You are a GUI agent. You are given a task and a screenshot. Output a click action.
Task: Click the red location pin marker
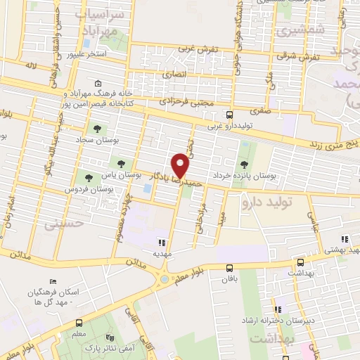[181, 165]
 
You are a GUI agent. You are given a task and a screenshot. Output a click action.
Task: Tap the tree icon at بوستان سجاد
[97, 129]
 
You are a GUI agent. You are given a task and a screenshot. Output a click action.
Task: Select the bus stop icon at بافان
[229, 267]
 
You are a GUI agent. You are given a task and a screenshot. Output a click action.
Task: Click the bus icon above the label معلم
[79, 323]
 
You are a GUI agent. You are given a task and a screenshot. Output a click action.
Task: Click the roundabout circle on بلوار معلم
[165, 280]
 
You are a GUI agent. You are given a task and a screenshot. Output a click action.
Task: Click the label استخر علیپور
[86, 53]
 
